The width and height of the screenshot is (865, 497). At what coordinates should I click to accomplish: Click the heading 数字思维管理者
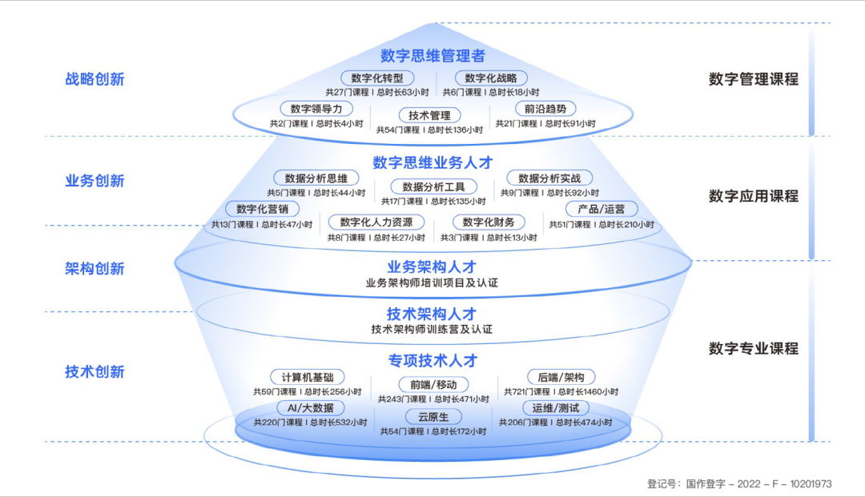pyautogui.click(x=432, y=56)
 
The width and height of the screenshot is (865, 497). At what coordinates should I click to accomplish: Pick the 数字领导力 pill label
pyautogui.click(x=316, y=109)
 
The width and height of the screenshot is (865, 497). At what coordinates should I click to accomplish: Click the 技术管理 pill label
pyautogui.click(x=429, y=115)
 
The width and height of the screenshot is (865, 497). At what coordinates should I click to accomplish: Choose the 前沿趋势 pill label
pyautogui.click(x=545, y=109)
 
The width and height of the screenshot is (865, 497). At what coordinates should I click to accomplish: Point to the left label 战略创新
pyautogui.click(x=95, y=79)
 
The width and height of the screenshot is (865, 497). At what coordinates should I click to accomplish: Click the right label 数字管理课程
pyautogui.click(x=753, y=79)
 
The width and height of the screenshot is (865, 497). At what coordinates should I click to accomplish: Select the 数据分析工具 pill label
pyautogui.click(x=433, y=186)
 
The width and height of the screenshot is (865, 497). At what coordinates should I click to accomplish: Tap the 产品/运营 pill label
pyautogui.click(x=601, y=209)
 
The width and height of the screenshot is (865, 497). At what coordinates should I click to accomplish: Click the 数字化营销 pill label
pyautogui.click(x=263, y=209)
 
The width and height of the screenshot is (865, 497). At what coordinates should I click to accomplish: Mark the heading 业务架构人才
pyautogui.click(x=432, y=267)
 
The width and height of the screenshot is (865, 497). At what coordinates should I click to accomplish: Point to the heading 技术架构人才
pyautogui.click(x=432, y=314)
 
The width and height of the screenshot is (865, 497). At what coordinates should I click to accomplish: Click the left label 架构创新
pyautogui.click(x=95, y=269)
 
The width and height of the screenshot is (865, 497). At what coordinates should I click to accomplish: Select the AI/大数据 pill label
pyautogui.click(x=309, y=408)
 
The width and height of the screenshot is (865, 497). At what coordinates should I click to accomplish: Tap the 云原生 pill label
pyautogui.click(x=433, y=416)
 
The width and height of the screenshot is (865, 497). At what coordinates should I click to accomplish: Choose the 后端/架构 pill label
pyautogui.click(x=561, y=377)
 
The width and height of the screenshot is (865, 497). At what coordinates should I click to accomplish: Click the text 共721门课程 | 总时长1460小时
pyautogui.click(x=561, y=392)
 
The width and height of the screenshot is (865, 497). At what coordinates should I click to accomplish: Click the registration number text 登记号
pyautogui.click(x=739, y=484)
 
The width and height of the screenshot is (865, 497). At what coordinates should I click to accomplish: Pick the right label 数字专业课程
pyautogui.click(x=753, y=349)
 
